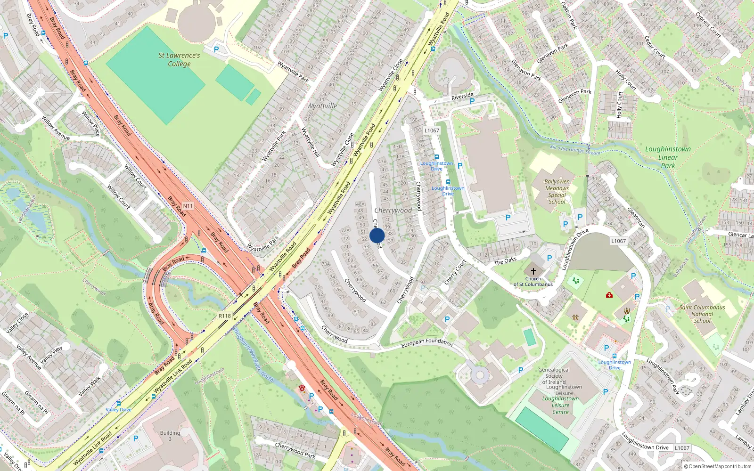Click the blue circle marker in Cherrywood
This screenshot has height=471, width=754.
click(377, 235)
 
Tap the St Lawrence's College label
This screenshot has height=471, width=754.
click(179, 59)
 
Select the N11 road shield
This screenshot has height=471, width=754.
click(188, 206)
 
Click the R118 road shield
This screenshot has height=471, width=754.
click(225, 316)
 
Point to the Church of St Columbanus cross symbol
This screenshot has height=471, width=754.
click(533, 271)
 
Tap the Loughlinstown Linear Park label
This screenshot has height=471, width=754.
click(668, 157)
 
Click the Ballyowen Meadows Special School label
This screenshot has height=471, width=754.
click(557, 192)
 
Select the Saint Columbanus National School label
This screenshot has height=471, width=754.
click(702, 314)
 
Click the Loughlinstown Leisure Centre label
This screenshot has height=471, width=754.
click(560, 405)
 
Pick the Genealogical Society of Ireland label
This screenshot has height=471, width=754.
click(554, 376)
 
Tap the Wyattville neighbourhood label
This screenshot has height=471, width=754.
click(322, 106)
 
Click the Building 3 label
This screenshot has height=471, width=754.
click(170, 436)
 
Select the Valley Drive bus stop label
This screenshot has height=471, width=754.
click(119, 410)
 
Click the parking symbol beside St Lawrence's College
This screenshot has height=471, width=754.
click(216, 49)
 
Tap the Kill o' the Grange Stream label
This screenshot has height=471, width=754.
click(575, 150)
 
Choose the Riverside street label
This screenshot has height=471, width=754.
click(462, 97)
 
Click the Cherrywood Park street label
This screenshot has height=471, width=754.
click(295, 450)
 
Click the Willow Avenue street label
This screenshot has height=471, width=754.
click(56, 128)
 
